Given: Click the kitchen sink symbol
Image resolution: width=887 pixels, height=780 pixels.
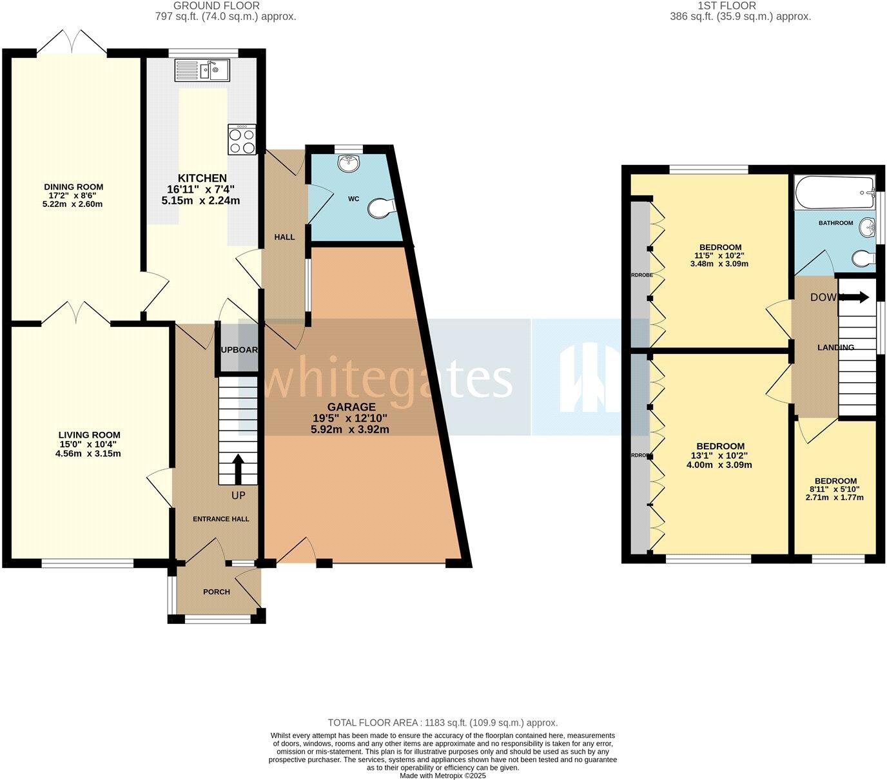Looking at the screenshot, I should click(202, 70).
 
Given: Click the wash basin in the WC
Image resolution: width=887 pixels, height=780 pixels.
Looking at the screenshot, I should click(349, 163).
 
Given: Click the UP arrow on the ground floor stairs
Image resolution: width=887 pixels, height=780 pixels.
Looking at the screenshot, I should click(237, 469).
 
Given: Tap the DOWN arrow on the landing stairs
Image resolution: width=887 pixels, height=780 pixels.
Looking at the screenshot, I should click(855, 297).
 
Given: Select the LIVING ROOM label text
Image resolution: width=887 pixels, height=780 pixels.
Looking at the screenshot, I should click(89, 435).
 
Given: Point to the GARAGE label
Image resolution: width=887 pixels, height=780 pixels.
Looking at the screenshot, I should click(351, 407).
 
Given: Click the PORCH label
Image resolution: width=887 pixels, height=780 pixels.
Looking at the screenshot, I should click(217, 592).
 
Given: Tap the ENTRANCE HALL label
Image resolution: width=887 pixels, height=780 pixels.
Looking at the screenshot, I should click(221, 519).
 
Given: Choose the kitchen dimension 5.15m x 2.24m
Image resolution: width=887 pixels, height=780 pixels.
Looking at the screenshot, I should click(200, 200).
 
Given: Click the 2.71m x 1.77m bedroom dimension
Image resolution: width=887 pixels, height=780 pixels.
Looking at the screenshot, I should click(835, 498).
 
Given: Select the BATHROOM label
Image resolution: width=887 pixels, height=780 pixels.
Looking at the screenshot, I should click(835, 223).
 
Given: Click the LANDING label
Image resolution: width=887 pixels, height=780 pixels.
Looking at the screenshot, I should click(835, 347).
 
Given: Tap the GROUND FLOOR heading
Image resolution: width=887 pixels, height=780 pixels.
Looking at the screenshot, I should click(208, 6).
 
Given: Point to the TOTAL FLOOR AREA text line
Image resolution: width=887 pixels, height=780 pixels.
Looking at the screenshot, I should click(442, 723).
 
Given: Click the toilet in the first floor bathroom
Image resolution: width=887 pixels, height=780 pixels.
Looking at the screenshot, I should click(863, 258).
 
